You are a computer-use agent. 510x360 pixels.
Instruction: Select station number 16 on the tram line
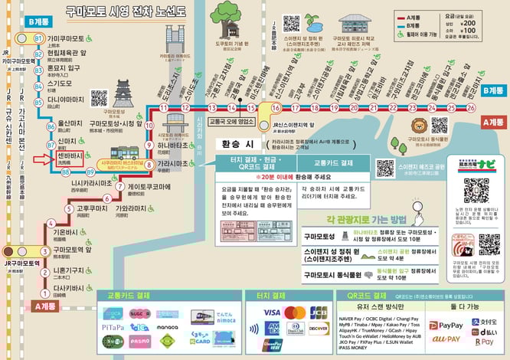(276, 108)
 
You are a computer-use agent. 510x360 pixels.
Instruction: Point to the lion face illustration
(420, 126)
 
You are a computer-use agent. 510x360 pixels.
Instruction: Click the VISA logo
(271, 313)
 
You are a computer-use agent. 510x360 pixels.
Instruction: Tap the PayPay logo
(452, 326)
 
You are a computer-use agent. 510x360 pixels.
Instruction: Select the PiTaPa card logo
(113, 328)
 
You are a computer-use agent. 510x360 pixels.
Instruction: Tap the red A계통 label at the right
(494, 121)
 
